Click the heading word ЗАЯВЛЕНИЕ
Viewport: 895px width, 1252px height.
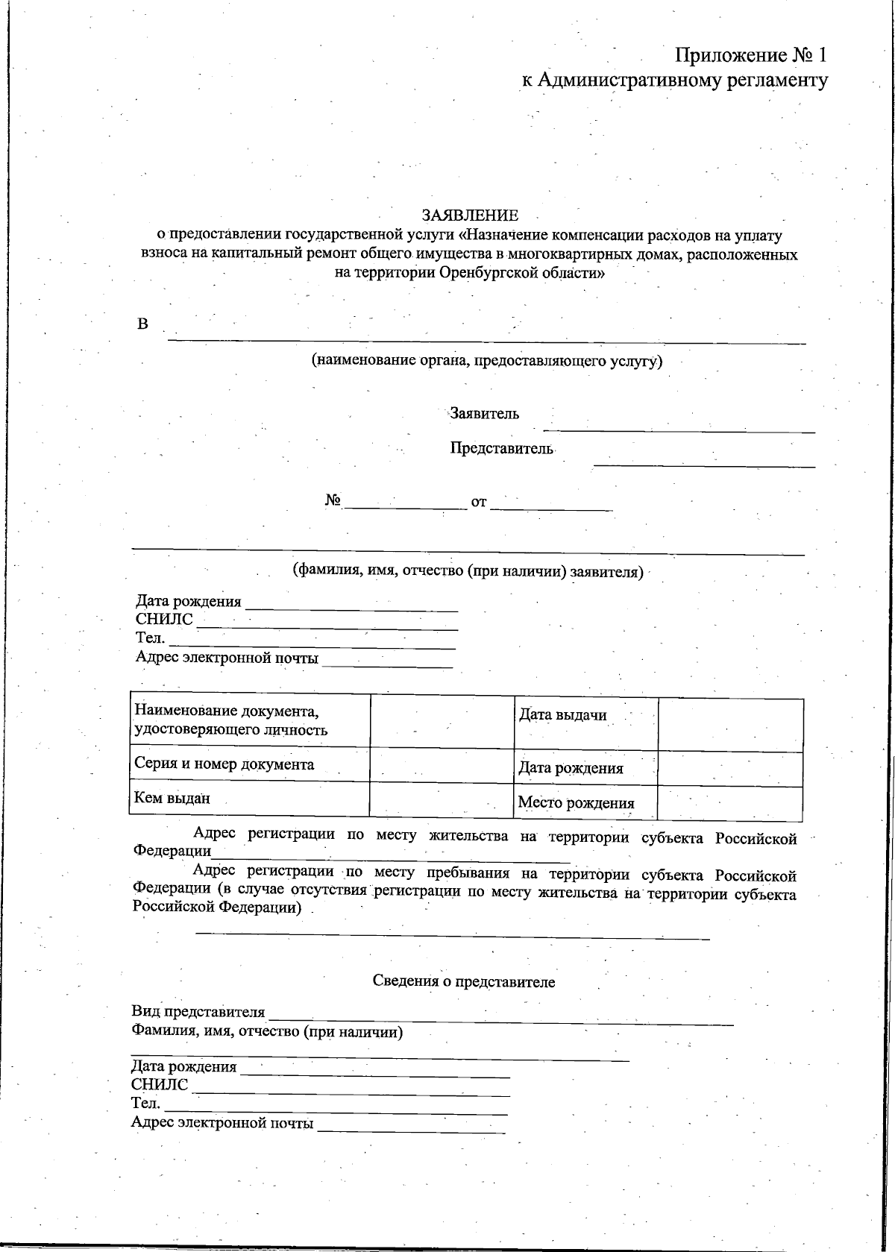pos(470,216)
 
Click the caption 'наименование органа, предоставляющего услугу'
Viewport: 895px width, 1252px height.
pos(486,361)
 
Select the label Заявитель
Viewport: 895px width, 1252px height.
pos(484,414)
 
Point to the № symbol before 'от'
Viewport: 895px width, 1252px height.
pos(333,501)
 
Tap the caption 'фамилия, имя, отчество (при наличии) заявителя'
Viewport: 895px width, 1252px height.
pos(467,572)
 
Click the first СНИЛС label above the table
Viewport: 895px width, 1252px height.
pos(164,620)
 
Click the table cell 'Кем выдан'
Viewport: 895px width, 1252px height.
pos(172,799)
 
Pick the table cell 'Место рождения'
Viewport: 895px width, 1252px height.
pos(576,803)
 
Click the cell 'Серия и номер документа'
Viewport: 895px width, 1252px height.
pos(224,764)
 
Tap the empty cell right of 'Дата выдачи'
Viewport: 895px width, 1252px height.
pos(730,723)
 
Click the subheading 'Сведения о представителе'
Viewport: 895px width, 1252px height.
pos(464,981)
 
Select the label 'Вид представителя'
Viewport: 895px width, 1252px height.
pos(198,1012)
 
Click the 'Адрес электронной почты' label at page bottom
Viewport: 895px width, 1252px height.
pos(222,1123)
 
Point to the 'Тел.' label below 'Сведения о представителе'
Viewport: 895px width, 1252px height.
pos(145,1104)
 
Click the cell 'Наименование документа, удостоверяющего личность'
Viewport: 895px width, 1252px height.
pos(231,720)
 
